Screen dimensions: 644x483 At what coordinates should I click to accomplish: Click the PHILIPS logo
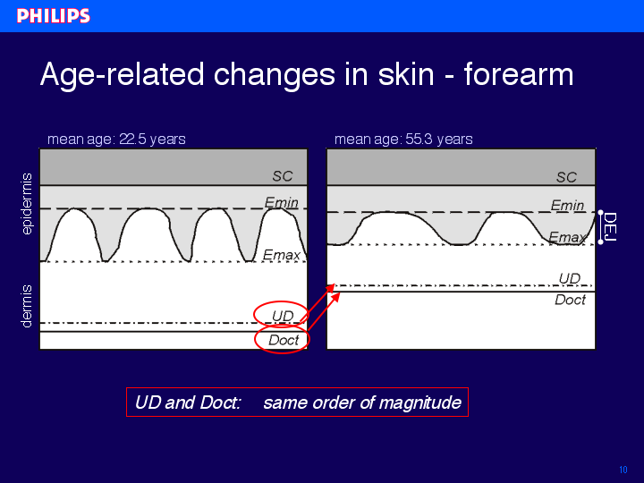coord(54,16)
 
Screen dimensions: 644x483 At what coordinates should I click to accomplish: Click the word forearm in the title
coord(519,74)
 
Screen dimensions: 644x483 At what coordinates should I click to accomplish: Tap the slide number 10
coord(623,470)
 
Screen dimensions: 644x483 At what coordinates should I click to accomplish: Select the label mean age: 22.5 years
coord(116,140)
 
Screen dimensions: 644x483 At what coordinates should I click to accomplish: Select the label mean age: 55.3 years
coord(403,140)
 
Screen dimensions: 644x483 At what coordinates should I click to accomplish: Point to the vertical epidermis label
coord(27,204)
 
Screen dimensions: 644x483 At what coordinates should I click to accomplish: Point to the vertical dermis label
coord(27,307)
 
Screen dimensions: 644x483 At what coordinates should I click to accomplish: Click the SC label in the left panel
coord(283,176)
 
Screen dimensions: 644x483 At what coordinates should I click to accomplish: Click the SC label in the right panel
coord(567,177)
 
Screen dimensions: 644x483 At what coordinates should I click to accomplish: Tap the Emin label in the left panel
coord(282,202)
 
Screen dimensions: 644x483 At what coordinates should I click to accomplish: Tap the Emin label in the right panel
coord(567,205)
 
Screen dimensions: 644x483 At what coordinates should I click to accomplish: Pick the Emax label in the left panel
coord(282,255)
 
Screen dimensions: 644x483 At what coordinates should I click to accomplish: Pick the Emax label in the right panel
coord(568,237)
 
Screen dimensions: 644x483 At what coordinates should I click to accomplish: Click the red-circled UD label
coord(283,316)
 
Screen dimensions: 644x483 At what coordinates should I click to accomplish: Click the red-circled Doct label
coord(284,340)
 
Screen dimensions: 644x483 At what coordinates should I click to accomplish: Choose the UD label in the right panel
coord(570,278)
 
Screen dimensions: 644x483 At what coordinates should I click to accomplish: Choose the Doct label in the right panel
coord(570,300)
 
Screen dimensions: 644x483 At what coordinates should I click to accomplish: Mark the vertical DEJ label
coord(610,226)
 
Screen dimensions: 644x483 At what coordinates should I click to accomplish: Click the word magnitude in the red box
coord(420,402)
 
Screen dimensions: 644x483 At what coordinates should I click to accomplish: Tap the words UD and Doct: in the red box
coord(188,402)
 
